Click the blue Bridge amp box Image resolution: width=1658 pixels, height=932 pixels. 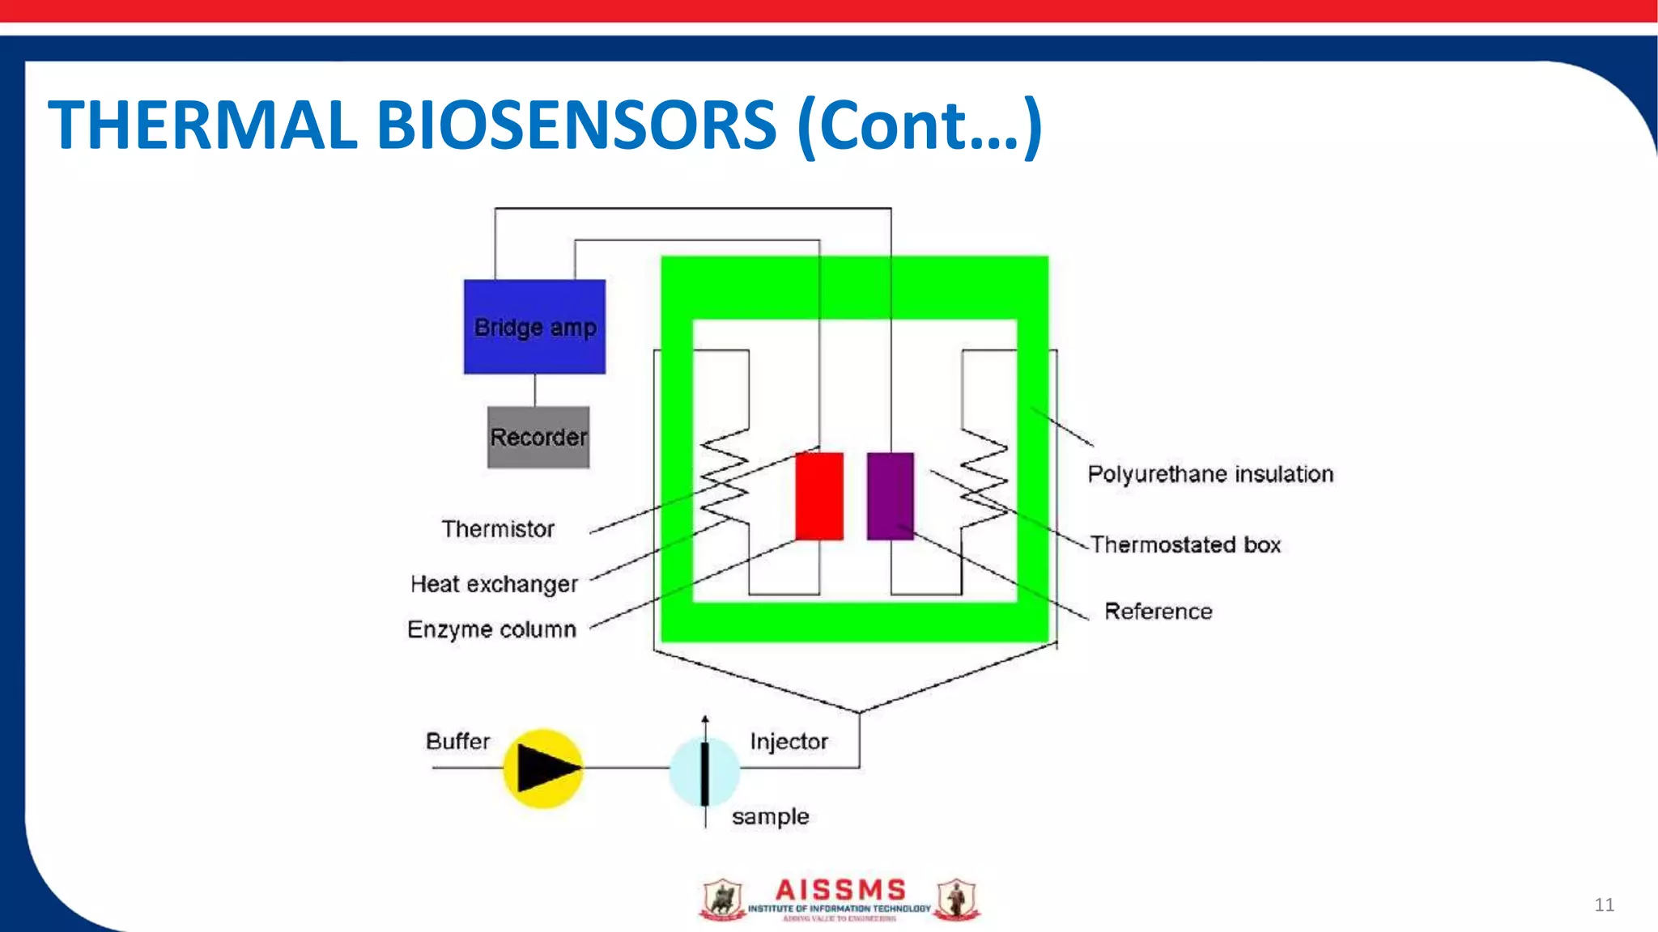click(534, 327)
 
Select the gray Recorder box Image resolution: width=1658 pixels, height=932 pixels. click(538, 437)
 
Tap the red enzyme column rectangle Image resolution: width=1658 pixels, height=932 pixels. click(819, 496)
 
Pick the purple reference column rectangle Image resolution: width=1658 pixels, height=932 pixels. click(891, 496)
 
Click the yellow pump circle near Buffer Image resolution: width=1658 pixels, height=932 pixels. click(542, 769)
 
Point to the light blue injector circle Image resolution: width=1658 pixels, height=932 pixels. click(704, 772)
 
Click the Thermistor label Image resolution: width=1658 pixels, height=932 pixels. click(498, 529)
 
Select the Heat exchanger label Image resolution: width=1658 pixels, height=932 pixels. click(494, 584)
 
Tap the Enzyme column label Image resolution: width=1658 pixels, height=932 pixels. click(491, 629)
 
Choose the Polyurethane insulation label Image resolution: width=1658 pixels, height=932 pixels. click(1210, 474)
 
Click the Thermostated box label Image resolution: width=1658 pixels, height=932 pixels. click(1185, 544)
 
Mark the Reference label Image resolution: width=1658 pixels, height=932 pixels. click(1158, 612)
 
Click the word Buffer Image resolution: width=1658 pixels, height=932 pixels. click(457, 741)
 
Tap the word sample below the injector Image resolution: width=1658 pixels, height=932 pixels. click(770, 817)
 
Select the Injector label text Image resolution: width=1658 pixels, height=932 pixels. click(789, 741)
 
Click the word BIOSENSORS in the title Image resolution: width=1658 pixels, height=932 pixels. click(576, 125)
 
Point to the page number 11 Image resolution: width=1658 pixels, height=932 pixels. click(1604, 904)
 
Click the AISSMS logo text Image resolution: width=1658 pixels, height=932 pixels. click(840, 890)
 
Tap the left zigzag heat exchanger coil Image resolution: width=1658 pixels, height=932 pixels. click(724, 477)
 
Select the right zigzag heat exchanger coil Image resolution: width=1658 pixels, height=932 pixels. click(984, 477)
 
